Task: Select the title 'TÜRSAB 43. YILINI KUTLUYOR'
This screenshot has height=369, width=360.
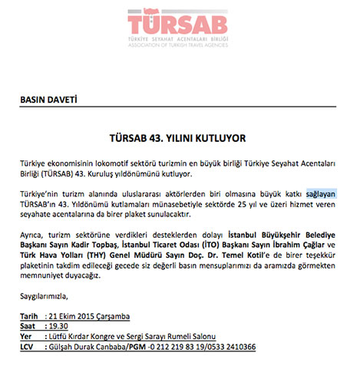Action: tap(180, 140)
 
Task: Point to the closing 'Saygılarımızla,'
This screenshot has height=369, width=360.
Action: tap(45, 296)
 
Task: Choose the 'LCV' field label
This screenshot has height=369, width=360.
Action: tap(29, 347)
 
